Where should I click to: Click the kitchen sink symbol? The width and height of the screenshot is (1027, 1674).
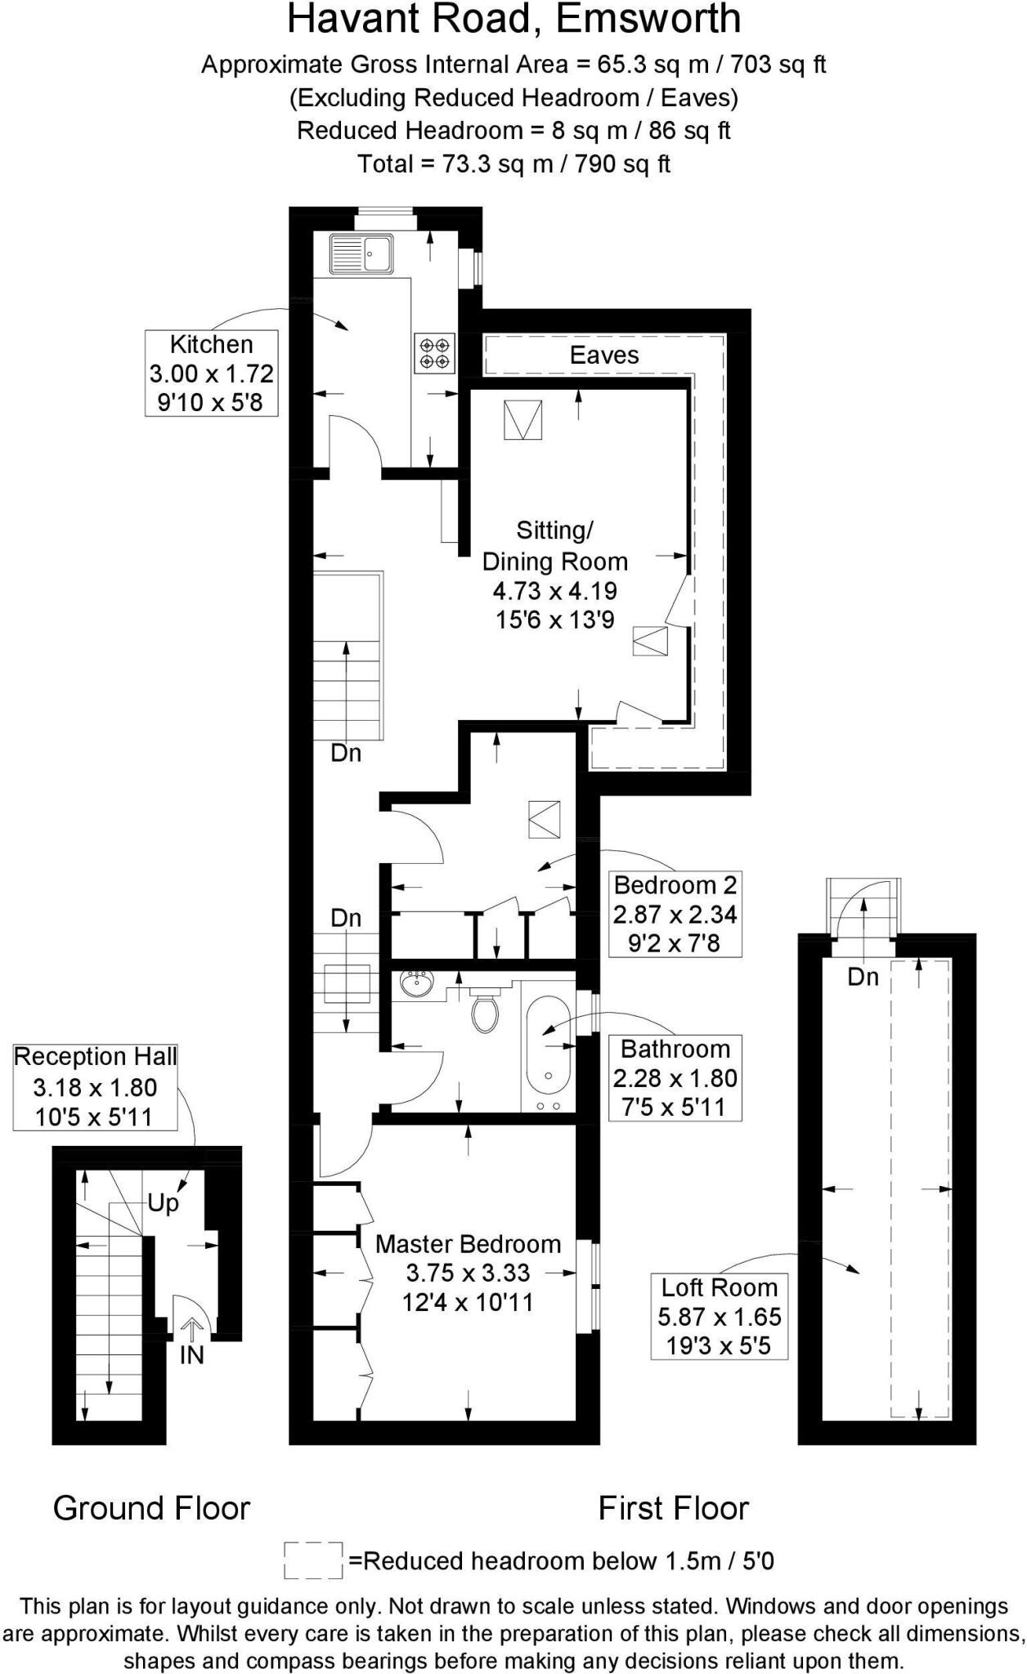[361, 253]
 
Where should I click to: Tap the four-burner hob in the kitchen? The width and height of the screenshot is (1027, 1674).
[434, 353]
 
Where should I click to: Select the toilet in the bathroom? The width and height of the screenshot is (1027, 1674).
[485, 1012]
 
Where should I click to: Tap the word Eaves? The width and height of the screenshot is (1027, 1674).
[604, 356]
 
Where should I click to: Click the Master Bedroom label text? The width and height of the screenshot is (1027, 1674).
[468, 1244]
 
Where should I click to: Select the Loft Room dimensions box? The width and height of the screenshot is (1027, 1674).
[719, 1316]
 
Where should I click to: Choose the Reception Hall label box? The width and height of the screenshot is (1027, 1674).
[96, 1087]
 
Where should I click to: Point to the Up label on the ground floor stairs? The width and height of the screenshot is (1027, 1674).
[164, 1203]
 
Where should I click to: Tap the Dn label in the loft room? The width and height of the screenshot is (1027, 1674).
[863, 977]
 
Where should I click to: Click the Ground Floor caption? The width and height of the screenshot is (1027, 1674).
[151, 1509]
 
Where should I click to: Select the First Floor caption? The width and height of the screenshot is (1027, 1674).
[673, 1509]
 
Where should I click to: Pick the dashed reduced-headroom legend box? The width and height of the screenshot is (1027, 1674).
[312, 1560]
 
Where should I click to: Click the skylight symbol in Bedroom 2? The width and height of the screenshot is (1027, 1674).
[545, 820]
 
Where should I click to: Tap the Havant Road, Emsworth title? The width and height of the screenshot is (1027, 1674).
[513, 20]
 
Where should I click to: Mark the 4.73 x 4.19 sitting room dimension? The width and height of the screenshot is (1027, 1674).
[554, 591]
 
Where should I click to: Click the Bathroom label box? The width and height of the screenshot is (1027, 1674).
[675, 1077]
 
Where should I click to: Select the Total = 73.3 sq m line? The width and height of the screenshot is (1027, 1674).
[513, 164]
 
